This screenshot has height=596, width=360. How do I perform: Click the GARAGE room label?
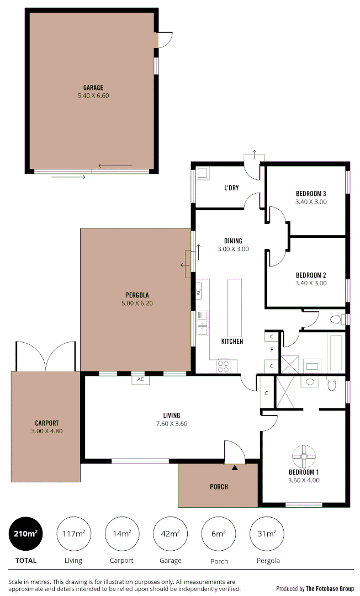tap(93, 88)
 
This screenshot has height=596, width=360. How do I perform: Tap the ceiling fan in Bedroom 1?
tap(304, 456)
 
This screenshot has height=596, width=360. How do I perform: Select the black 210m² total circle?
tap(26, 533)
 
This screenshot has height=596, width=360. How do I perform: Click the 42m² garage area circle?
tap(171, 533)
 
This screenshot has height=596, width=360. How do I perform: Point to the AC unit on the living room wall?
tap(141, 380)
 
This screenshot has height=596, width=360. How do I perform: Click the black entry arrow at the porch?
tap(235, 468)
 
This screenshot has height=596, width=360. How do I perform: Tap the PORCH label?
tap(219, 487)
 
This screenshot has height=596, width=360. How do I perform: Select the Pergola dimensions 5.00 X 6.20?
tap(136, 304)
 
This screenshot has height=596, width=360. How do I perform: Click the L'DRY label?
tap(231, 188)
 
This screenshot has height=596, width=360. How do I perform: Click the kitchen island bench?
tap(235, 307)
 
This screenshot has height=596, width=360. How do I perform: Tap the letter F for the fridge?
tap(272, 350)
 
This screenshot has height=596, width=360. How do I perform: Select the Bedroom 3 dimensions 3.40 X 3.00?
tap(311, 202)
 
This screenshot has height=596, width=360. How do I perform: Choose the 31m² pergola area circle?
tap(268, 533)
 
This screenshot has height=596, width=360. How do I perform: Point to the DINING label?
tap(233, 241)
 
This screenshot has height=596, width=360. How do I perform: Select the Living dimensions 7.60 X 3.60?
tap(172, 424)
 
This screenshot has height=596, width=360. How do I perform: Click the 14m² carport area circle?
tap(122, 533)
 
